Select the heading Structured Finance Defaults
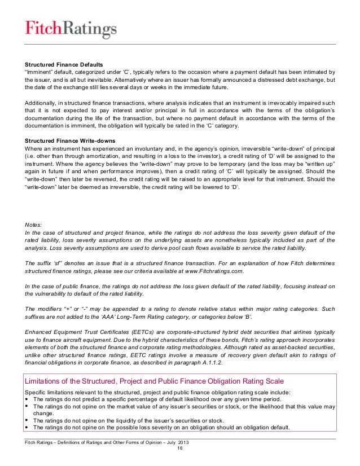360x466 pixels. tap(63, 64)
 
